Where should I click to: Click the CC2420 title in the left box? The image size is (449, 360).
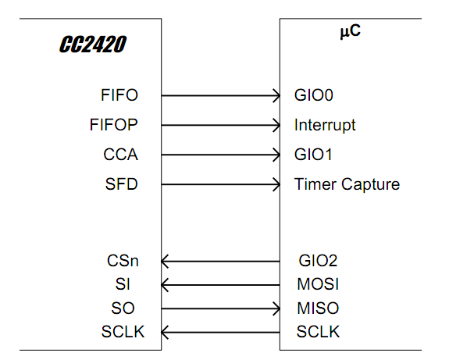coord(93,45)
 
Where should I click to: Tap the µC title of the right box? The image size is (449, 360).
coord(349,34)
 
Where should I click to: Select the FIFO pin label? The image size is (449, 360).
coord(119,95)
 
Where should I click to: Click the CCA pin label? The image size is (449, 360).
coord(120,155)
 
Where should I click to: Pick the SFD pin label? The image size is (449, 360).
coord(121,185)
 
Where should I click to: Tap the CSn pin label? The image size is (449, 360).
coord(122,261)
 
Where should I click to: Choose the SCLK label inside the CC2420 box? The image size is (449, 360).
coord(123,333)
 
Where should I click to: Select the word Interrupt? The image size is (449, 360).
coord(325,125)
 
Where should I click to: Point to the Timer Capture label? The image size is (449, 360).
coord(347,185)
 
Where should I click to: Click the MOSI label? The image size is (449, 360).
coord(318,283)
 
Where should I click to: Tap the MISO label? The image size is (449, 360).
coord(318,308)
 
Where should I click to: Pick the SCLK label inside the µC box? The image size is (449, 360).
coord(318,333)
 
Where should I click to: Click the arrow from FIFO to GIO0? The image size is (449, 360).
coord(221,96)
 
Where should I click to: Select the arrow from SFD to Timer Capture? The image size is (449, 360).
coord(221,185)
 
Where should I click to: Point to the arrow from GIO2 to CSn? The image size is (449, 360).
coord(221,261)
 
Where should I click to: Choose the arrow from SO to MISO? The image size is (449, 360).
coord(221,308)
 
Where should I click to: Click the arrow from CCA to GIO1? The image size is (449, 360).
coord(221,155)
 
